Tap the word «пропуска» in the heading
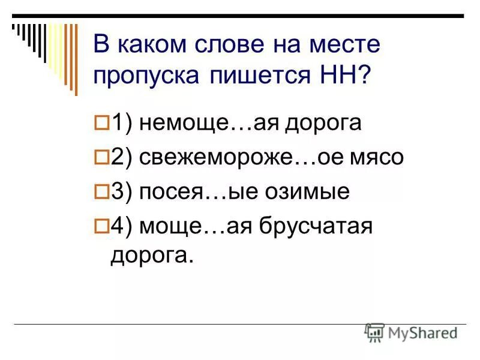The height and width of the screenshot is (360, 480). click(146, 77)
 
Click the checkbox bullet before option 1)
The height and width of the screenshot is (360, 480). click(101, 123)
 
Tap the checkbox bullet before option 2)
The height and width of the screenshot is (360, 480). click(101, 158)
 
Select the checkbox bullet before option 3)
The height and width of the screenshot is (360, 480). click(101, 192)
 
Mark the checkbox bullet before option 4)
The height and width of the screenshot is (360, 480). click(101, 227)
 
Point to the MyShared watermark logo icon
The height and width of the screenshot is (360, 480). click(374, 332)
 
